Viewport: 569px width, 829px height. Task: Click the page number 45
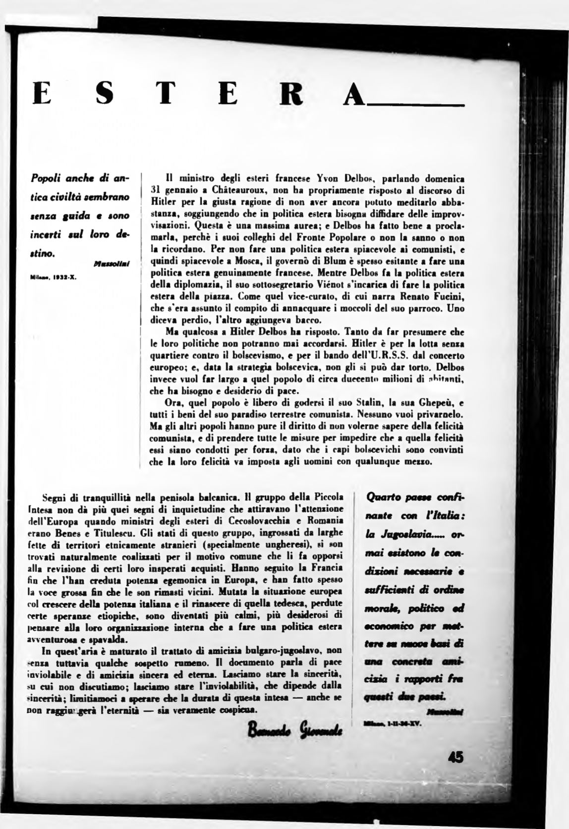pyautogui.click(x=454, y=759)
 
